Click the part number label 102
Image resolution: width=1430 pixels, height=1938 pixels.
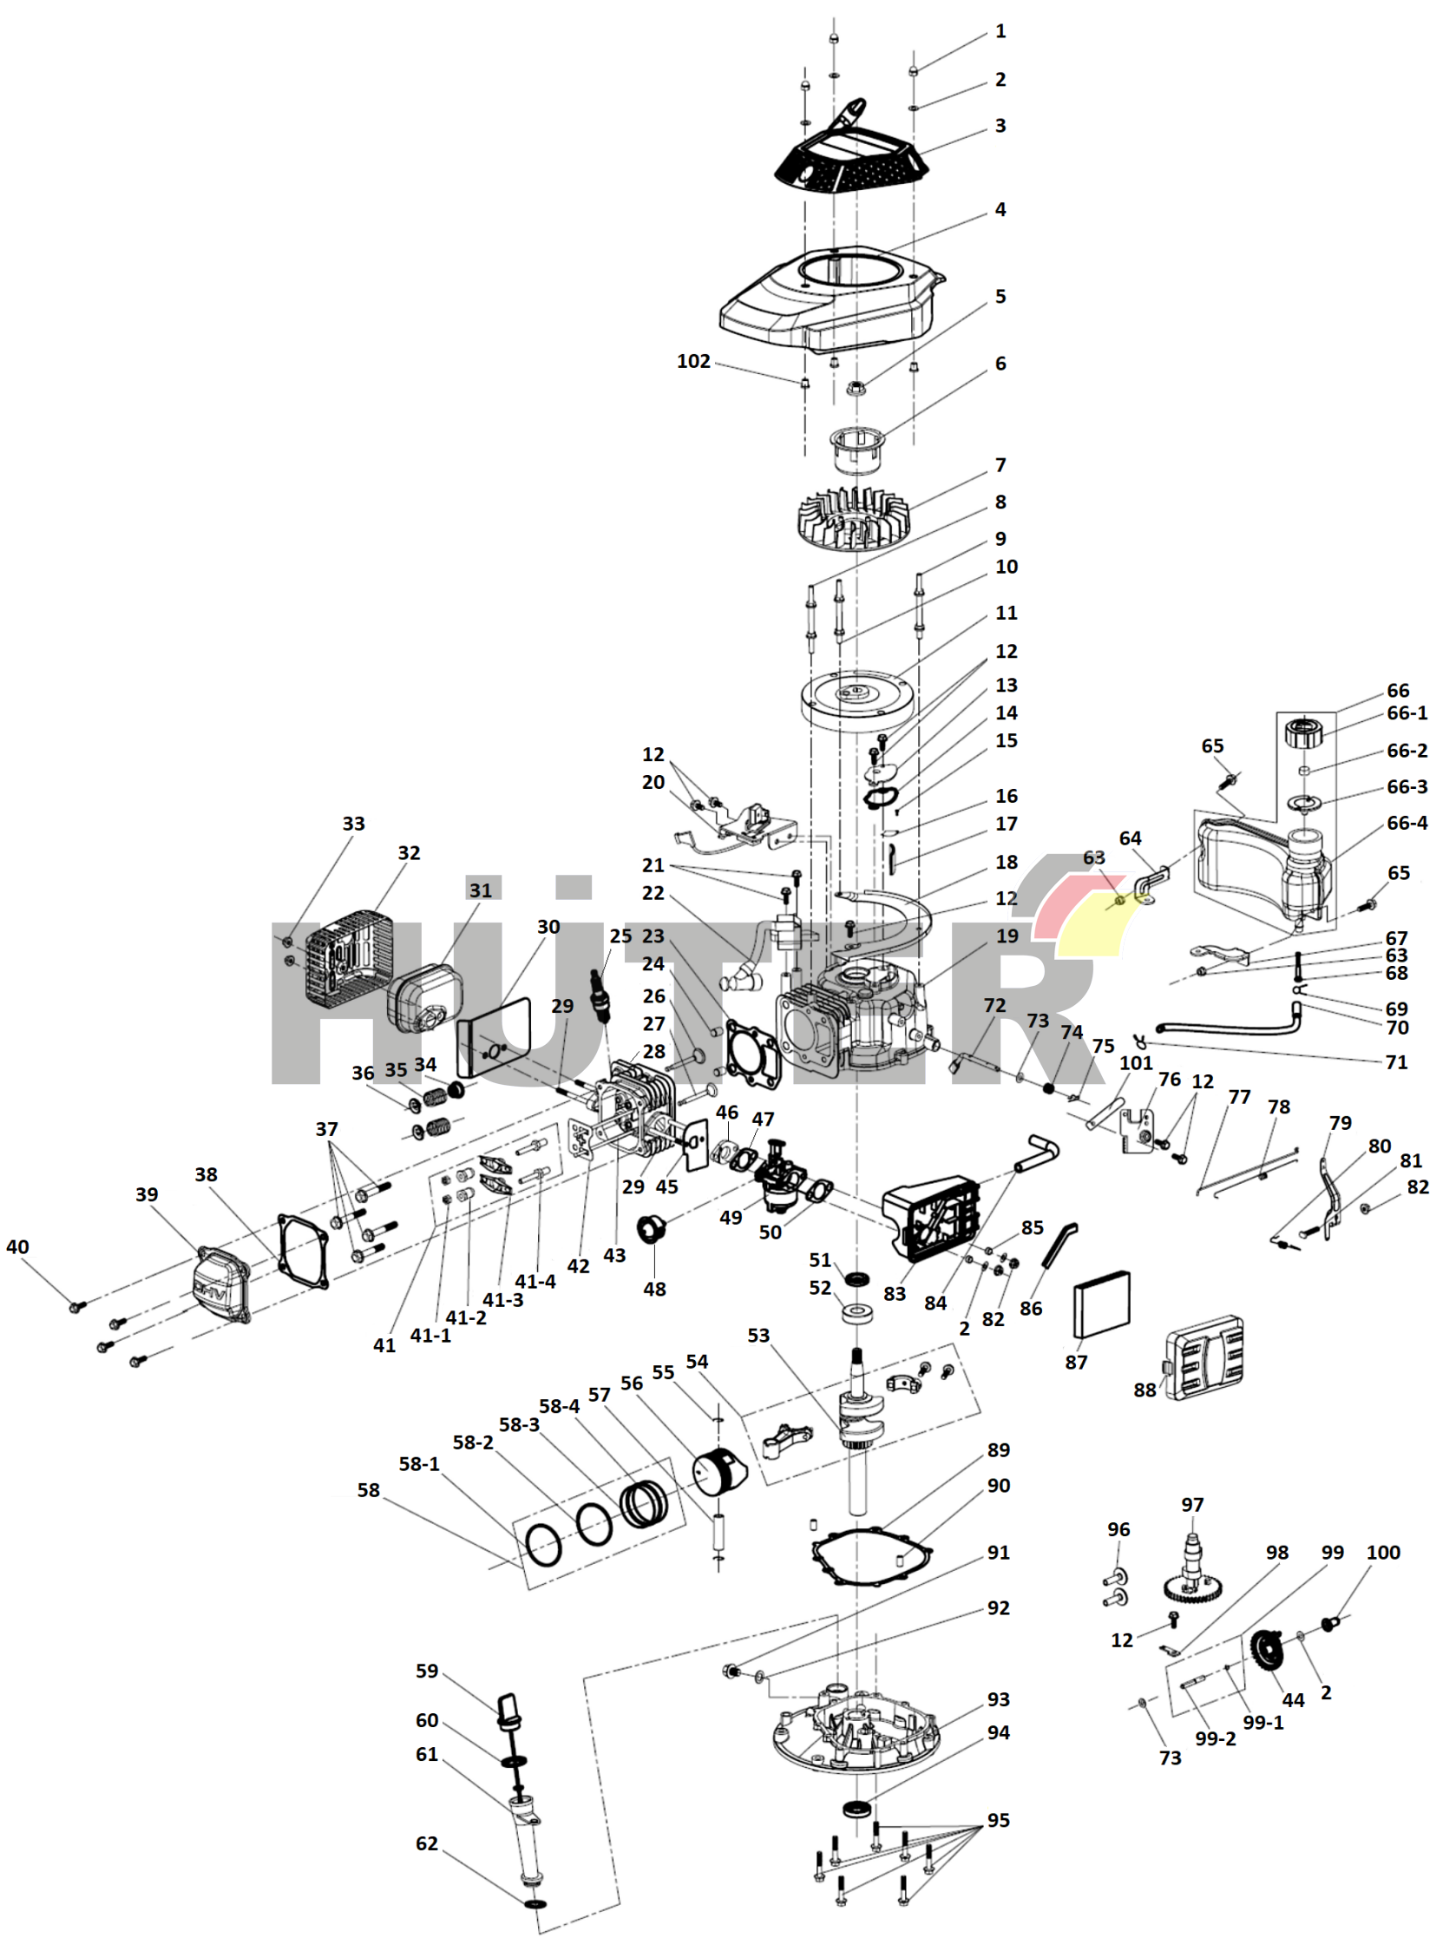coord(693,361)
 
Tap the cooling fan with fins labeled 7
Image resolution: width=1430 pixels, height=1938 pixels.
coord(852,518)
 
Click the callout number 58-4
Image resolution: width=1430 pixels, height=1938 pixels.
coord(559,1406)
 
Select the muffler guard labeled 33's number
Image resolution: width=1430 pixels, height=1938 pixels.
coord(353,824)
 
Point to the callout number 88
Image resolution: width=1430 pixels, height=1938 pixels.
coord(1145,1389)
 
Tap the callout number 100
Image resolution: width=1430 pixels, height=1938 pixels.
coord(1383,1553)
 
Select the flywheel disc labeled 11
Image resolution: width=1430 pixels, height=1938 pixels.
coord(856,698)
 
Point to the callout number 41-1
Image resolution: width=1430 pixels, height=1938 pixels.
coord(430,1336)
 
